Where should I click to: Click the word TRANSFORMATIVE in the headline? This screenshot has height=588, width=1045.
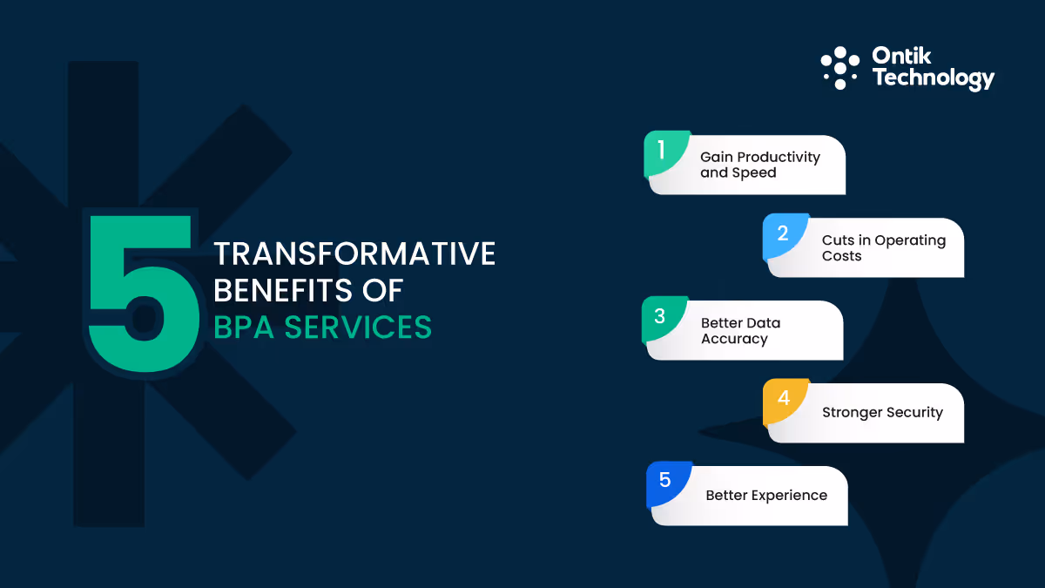point(354,254)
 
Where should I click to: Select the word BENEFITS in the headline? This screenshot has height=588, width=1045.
point(281,290)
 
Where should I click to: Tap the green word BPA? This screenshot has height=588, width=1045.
point(245,327)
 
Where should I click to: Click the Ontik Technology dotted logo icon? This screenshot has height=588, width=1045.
point(839,68)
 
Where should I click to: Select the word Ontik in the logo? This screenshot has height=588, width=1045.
point(901,57)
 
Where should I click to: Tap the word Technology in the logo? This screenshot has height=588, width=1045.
point(933,78)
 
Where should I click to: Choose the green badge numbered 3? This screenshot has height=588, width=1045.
point(661,317)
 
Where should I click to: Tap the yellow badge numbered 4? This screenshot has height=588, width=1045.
point(784,399)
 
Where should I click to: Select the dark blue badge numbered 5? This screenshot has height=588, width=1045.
point(666,481)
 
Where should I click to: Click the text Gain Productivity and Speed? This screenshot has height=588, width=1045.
point(759,165)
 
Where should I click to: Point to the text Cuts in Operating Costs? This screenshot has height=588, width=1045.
point(883,248)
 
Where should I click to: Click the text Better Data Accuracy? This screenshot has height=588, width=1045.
point(740,331)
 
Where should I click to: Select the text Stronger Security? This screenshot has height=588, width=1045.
point(882,413)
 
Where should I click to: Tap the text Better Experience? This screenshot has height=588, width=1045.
point(766,496)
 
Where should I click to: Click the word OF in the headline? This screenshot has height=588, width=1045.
point(383,290)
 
